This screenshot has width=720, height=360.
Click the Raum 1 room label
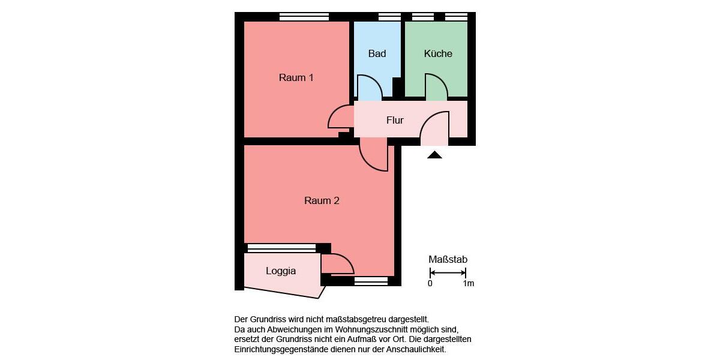(296, 77)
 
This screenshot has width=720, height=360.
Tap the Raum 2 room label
(322, 200)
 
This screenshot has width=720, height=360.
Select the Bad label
(377, 53)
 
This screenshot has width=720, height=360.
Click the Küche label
(438, 53)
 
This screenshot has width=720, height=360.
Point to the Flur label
(395, 120)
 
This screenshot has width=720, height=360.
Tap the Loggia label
(281, 271)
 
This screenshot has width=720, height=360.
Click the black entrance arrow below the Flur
(434, 155)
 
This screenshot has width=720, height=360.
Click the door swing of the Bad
(369, 88)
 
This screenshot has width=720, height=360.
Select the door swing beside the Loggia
(337, 264)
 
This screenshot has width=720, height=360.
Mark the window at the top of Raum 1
(304, 17)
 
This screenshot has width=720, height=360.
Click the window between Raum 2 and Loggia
(281, 247)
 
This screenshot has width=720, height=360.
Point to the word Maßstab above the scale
(448, 259)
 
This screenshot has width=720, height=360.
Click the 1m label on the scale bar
(468, 283)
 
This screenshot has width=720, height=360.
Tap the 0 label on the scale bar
(430, 283)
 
